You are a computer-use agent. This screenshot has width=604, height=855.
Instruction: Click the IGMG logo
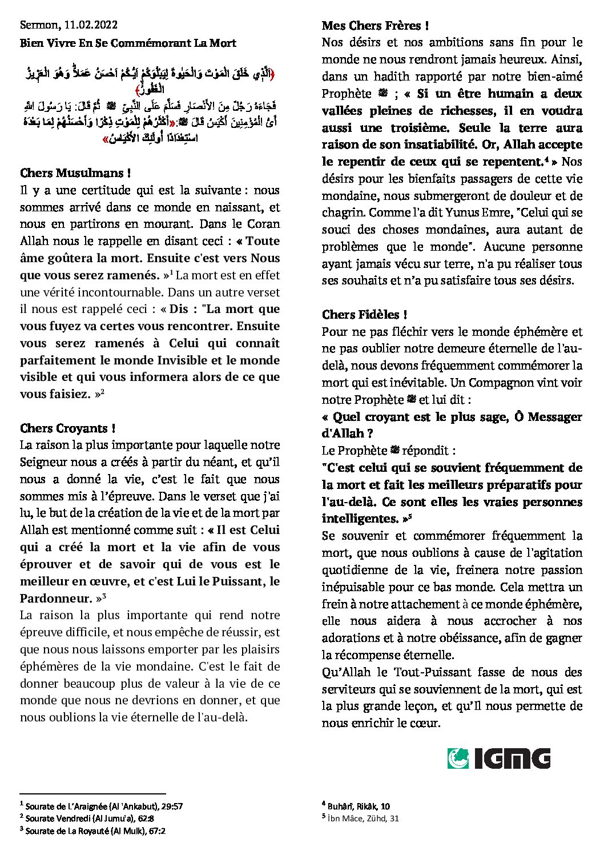(498, 758)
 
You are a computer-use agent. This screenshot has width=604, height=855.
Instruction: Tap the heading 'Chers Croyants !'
(69, 428)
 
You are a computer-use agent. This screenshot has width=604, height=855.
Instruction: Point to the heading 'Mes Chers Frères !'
(375, 26)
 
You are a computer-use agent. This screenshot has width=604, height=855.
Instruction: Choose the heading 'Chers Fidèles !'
(365, 315)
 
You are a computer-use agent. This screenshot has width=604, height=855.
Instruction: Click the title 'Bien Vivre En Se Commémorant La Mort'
(128, 43)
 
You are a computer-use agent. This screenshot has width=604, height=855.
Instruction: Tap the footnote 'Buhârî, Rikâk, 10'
(359, 806)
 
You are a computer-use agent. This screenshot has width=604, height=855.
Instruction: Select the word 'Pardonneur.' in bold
(57, 599)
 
